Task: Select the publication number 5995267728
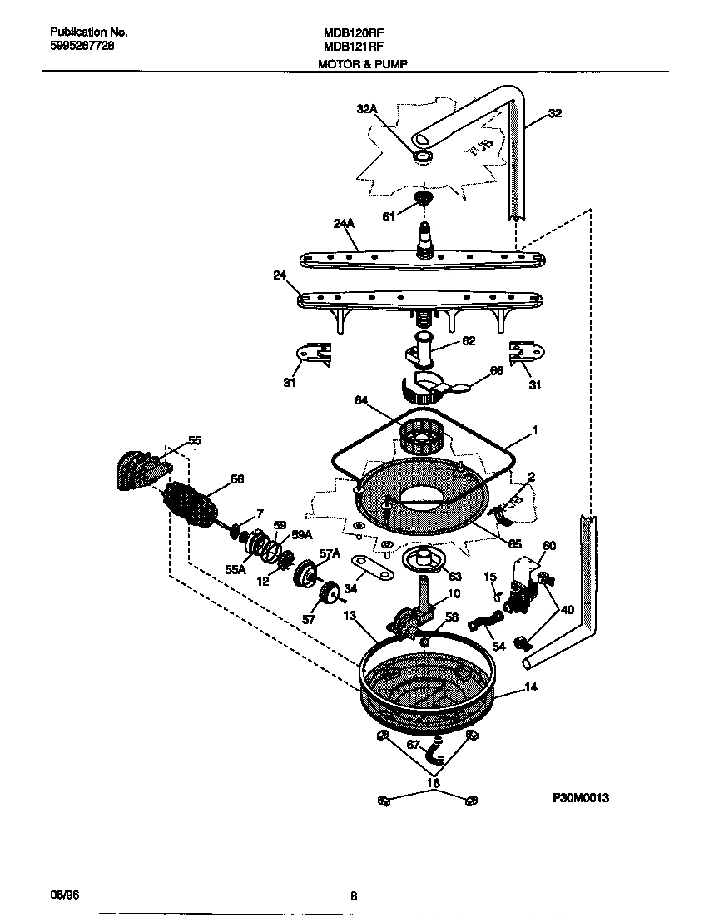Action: (77, 47)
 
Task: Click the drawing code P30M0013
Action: (581, 798)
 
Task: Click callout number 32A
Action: (367, 109)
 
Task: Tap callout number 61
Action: (387, 216)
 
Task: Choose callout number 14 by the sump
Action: (530, 688)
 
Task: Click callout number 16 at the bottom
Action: (432, 782)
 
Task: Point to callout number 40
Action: (567, 609)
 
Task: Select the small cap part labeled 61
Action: (424, 198)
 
